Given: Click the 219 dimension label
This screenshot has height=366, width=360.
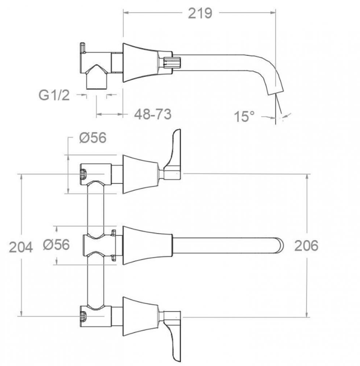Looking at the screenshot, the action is pos(200,13).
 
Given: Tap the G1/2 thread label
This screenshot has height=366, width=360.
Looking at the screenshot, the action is pos(54,95).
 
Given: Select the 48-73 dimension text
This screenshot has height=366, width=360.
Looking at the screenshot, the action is pos(153,114).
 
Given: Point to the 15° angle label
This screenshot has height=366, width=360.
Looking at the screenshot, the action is pos(244,116).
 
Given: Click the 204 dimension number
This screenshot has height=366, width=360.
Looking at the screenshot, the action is pos(21,247).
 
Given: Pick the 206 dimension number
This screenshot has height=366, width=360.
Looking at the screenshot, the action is pos(306,246).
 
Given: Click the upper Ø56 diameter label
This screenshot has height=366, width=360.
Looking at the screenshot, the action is pos(93,138).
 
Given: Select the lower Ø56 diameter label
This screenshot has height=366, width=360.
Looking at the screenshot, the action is pos(56,244).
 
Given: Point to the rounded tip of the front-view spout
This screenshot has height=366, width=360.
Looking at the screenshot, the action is pos(281,246).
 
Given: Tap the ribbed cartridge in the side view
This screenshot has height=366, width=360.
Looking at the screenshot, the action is pos(172,63).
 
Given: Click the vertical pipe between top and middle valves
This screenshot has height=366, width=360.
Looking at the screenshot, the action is pos(96,210).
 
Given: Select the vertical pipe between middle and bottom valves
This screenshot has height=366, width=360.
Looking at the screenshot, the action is pos(96,281).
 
